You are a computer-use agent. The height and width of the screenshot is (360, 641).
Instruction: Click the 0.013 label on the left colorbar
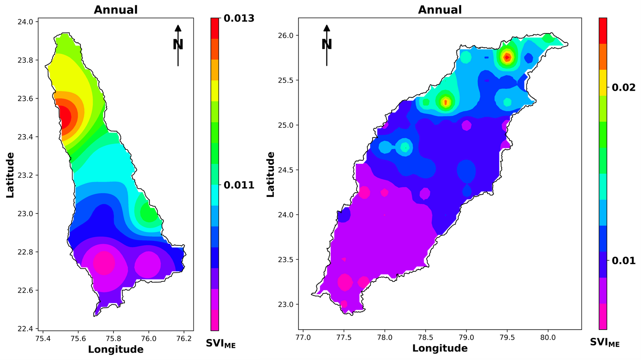click(x=239, y=19)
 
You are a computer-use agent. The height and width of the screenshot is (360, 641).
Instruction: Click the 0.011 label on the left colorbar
click(x=239, y=185)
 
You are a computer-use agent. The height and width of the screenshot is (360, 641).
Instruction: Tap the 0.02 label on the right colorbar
click(x=623, y=88)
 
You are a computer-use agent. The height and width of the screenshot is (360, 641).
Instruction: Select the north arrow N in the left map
click(x=178, y=45)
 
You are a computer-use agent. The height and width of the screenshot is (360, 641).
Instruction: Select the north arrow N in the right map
click(x=327, y=45)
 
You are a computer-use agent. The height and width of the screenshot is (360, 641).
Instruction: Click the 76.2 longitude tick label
click(x=183, y=338)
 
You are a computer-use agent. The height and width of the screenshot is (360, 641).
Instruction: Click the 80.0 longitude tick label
click(x=548, y=338)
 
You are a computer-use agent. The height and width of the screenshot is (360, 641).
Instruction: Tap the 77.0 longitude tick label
click(x=303, y=338)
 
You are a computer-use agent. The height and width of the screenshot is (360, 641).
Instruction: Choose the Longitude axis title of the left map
click(x=116, y=349)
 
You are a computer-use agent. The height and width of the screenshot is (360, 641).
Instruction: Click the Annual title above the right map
click(x=440, y=10)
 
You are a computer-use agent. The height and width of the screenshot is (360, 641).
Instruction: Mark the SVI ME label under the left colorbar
click(x=220, y=344)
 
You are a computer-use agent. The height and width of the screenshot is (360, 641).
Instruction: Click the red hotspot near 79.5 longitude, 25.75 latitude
click(x=507, y=57)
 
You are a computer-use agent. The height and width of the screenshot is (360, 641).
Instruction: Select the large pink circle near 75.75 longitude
click(x=104, y=263)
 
